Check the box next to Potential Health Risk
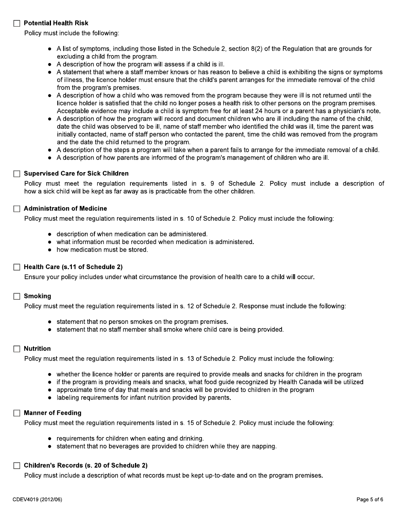click(17, 23)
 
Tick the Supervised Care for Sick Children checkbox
click(17, 173)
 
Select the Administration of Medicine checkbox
click(17, 209)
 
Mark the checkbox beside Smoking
click(17, 296)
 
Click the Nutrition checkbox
click(17, 349)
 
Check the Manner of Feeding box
click(17, 413)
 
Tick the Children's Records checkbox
click(17, 466)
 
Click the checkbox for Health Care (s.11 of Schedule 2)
click(17, 267)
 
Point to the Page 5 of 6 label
click(369, 499)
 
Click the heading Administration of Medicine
click(65, 209)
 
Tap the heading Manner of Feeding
click(53, 413)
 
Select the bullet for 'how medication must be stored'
click(50, 250)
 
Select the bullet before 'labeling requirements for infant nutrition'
click(50, 397)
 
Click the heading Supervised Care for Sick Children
click(76, 173)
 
